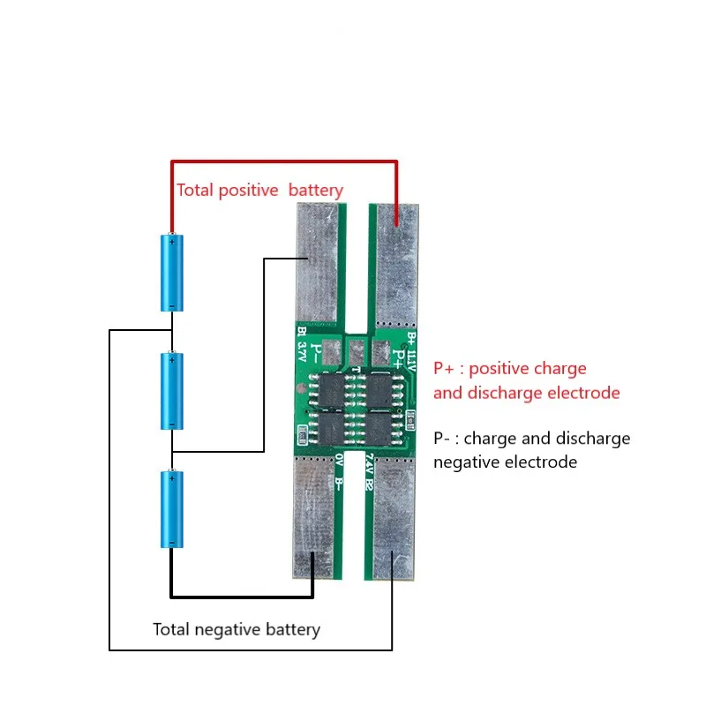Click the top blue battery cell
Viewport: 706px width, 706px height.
[x=172, y=272]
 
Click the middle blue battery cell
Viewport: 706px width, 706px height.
[x=172, y=390]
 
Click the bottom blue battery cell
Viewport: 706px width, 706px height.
[x=172, y=508]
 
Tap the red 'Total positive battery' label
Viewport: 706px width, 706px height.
[x=259, y=190]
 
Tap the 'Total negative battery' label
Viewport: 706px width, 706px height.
[x=236, y=629]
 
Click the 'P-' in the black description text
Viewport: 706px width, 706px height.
[x=447, y=439]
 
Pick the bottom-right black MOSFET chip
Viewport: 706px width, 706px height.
[x=380, y=430]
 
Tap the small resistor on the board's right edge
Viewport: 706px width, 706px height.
[x=412, y=417]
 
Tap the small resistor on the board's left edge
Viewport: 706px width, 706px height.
[x=304, y=433]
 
